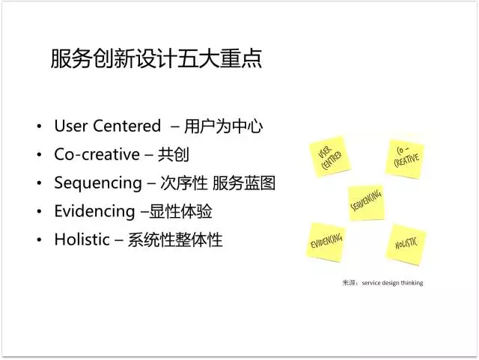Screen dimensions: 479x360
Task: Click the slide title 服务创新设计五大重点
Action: click(x=156, y=58)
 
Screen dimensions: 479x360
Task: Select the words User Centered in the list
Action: click(x=108, y=126)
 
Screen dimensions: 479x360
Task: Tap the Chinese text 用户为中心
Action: click(x=223, y=126)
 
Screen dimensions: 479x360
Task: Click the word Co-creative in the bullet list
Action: click(x=97, y=154)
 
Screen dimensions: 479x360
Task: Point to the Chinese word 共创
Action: click(x=174, y=154)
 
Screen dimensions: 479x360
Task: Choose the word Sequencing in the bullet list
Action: click(x=98, y=183)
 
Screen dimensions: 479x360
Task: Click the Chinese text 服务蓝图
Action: click(x=244, y=183)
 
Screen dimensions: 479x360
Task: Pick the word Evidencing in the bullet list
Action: click(x=95, y=212)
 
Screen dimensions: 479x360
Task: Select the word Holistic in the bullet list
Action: click(x=82, y=240)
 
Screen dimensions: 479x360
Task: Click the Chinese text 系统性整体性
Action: click(x=175, y=240)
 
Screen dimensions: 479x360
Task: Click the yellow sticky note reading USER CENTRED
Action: click(x=329, y=156)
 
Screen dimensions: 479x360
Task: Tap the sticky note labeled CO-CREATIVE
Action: click(x=405, y=159)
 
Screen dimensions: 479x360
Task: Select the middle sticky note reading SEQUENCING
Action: click(x=366, y=203)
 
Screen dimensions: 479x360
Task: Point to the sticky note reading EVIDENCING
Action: click(x=326, y=242)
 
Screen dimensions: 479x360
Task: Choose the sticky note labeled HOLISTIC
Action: click(x=406, y=245)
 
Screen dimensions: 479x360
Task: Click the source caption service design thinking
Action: click(x=392, y=283)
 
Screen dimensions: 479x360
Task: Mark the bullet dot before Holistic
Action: click(x=39, y=240)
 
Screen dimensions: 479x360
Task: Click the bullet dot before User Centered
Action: click(x=39, y=126)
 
